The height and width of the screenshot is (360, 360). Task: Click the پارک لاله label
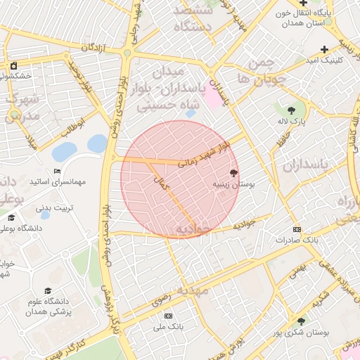tap(292, 124)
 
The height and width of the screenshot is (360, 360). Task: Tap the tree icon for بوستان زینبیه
tap(233, 172)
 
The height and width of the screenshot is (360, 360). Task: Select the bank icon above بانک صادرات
tap(296, 229)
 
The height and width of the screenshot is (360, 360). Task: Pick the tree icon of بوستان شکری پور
tap(301, 321)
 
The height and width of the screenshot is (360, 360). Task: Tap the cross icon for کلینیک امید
tap(324, 49)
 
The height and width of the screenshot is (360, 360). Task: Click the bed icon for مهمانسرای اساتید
tap(58, 172)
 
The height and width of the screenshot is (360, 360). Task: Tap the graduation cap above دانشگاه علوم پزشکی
tap(48, 290)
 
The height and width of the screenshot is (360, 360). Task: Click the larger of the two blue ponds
tap(64, 151)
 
